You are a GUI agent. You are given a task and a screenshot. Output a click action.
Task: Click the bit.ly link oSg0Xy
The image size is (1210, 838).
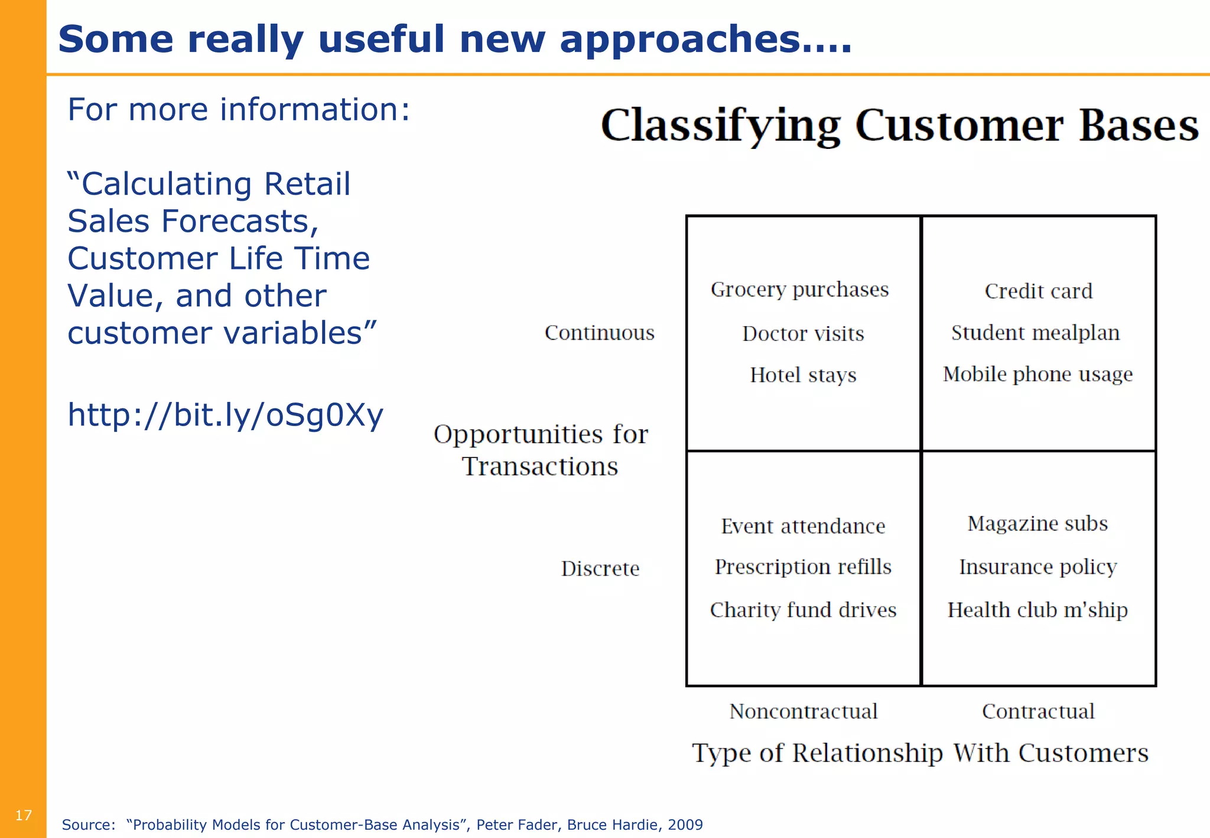(x=225, y=415)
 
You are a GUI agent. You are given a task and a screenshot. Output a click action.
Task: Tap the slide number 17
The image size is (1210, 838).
(x=23, y=816)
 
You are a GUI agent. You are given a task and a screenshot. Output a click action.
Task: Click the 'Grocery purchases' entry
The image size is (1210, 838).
(x=799, y=290)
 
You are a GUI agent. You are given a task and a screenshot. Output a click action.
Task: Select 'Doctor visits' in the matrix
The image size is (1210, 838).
(x=803, y=334)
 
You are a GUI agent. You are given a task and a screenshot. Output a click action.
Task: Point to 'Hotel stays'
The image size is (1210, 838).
(x=803, y=375)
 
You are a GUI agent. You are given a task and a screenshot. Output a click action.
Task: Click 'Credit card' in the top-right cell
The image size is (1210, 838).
(x=1038, y=291)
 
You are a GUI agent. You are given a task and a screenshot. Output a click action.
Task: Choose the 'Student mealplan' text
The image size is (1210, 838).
(x=1035, y=333)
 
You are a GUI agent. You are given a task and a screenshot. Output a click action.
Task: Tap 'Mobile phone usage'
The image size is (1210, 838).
(x=1037, y=374)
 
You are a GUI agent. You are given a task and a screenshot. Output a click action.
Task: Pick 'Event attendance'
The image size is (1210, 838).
(x=803, y=526)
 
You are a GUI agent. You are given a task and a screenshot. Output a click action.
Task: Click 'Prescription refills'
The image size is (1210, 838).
(x=803, y=567)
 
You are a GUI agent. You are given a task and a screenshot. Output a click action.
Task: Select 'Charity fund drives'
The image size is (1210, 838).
(x=803, y=610)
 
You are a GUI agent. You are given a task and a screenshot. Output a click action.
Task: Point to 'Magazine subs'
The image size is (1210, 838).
(x=1037, y=524)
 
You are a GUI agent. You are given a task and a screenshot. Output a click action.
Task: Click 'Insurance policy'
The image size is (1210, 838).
(x=1037, y=567)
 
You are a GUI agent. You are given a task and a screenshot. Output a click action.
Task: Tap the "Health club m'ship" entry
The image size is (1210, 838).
(x=1037, y=610)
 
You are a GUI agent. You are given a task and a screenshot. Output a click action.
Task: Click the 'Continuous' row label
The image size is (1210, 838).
(x=599, y=333)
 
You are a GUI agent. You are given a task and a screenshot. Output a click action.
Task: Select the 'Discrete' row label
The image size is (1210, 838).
(x=600, y=569)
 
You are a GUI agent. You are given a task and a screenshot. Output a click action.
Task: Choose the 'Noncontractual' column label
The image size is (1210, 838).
(x=803, y=711)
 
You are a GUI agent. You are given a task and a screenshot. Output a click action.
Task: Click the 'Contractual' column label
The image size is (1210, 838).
(x=1038, y=711)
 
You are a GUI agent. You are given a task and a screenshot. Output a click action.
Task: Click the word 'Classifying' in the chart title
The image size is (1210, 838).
(x=720, y=126)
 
